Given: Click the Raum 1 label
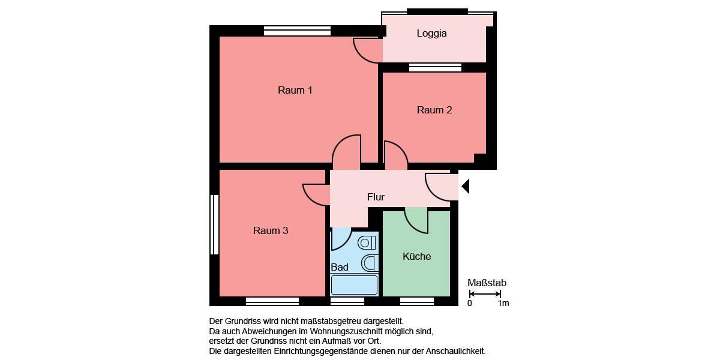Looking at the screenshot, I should (x=295, y=91).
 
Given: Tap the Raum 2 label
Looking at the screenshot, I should (x=434, y=110).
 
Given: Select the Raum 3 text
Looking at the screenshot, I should (x=271, y=230).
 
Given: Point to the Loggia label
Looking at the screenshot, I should (x=431, y=34).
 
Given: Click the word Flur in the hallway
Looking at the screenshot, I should (x=376, y=197).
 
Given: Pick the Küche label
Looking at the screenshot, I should (x=416, y=256).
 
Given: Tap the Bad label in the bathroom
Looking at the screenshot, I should (x=339, y=267).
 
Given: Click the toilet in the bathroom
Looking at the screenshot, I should (x=367, y=243).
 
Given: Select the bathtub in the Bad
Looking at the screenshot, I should (x=354, y=284).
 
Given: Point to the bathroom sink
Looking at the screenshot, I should (x=370, y=263).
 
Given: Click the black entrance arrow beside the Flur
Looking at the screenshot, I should (x=465, y=187).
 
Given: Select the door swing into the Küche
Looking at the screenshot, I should (x=417, y=220).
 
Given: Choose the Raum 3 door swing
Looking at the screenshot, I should (x=316, y=194).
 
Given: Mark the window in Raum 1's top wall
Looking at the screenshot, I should (x=297, y=31).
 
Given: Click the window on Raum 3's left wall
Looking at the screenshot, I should (x=214, y=224).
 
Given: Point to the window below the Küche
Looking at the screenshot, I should (x=416, y=301).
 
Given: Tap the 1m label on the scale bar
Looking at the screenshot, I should (x=503, y=303).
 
